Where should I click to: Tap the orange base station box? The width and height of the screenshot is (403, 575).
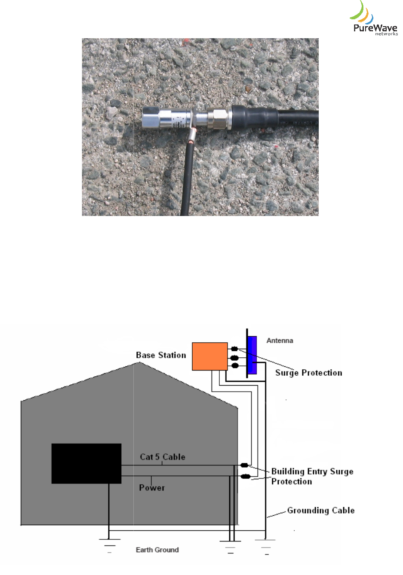point(209,356)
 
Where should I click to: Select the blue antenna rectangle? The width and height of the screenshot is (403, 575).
point(252,355)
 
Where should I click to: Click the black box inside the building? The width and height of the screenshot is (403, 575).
point(86,463)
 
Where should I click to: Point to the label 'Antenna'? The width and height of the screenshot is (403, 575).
point(280,341)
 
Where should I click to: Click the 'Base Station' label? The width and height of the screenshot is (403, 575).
point(161,355)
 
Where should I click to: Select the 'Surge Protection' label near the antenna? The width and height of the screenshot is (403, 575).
point(309,373)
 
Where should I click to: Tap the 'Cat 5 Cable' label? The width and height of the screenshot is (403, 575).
point(163,457)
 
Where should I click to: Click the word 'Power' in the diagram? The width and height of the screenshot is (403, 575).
point(152,488)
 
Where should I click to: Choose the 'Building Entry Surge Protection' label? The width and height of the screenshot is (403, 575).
point(312,477)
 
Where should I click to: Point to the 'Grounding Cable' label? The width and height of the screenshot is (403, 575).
point(321,511)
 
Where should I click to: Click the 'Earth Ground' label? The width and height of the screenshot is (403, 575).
point(157,550)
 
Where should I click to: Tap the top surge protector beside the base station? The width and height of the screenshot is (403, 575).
point(234,349)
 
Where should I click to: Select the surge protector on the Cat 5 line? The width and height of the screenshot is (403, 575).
point(245,465)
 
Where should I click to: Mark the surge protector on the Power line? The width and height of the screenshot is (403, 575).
point(246,476)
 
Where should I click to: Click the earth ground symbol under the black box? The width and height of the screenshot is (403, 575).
point(109,543)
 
